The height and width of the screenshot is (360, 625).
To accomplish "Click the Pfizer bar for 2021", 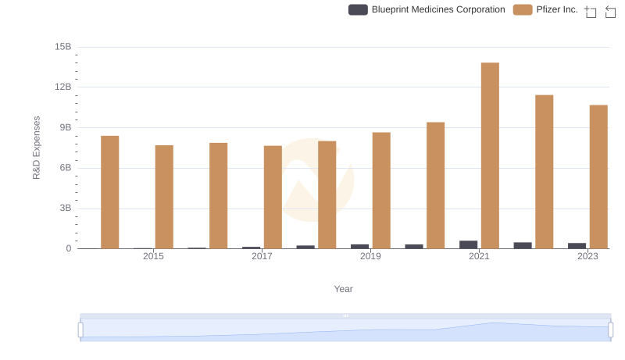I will coord(490,155).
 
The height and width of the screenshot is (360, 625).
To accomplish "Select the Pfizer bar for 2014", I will coord(110,192).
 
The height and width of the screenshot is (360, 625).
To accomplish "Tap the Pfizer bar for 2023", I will coord(598,176).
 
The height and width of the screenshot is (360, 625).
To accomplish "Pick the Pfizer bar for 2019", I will coord(381,191).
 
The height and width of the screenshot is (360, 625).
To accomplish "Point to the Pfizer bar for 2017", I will coord(273,197).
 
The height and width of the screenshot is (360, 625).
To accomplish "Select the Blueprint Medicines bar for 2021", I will coord(469,244).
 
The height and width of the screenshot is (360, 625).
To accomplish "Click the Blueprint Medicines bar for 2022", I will coord(523,245).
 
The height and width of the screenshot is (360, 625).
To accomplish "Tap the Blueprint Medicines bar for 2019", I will coord(360,246).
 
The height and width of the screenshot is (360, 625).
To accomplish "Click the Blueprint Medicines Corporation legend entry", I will coord(427,10).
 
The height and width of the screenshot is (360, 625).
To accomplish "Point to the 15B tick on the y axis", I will coord(63,47).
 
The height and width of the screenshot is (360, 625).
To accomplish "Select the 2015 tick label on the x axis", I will coord(153,257).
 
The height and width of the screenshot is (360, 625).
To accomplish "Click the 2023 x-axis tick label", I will coord(587,257).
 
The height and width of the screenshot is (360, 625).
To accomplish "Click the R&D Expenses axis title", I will coord(37,148).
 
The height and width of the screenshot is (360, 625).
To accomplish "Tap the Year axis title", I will coord(344,289).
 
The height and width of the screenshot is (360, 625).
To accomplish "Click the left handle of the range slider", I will coord(80,330).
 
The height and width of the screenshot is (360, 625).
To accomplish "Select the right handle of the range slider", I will coord(609,330).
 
